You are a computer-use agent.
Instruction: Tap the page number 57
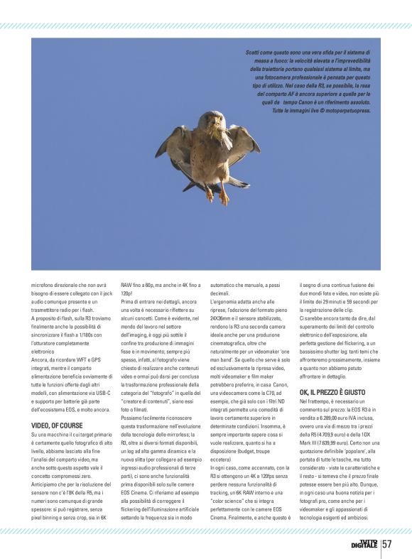point(387,544)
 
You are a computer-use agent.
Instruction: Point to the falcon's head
point(211,119)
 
